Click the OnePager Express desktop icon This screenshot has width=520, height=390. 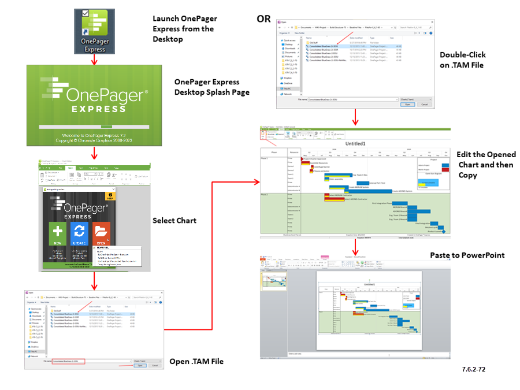pos(95,32)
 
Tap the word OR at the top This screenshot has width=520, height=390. pos(264,20)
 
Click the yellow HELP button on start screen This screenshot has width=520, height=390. pos(109,196)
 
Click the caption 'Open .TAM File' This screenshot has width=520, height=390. pos(196,362)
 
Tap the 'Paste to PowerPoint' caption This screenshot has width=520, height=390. pos(467,255)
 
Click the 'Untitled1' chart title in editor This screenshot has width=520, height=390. pos(355,143)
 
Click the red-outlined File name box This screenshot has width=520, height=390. pos(68,361)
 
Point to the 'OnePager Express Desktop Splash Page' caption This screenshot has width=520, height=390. pos(211,87)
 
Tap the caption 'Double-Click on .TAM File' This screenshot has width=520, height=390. pos(463,60)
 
